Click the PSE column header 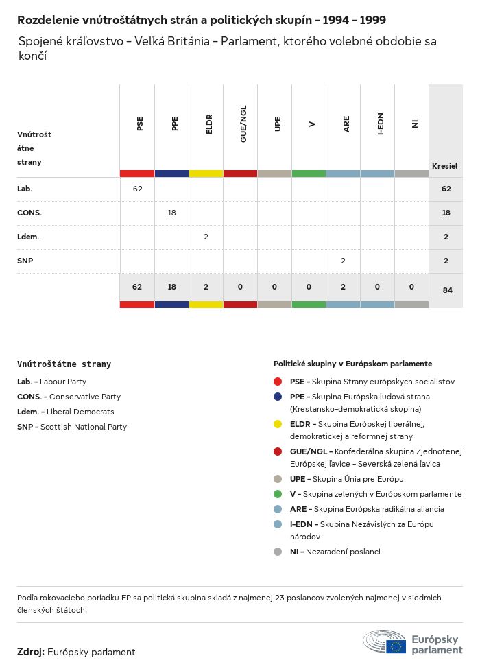(141, 124)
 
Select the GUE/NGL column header (243, 124)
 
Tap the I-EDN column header (381, 124)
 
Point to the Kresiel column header (444, 166)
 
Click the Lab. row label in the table (25, 189)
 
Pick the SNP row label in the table (25, 261)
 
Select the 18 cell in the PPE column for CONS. (171, 213)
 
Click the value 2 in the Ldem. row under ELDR (206, 237)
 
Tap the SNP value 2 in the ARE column (343, 261)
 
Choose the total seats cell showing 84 (447, 290)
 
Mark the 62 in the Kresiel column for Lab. (446, 189)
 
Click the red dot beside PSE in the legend (278, 382)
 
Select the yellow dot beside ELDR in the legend (278, 424)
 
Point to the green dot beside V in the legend (278, 494)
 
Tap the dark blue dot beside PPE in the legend (278, 397)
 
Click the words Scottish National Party (83, 427)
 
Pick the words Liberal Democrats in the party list (80, 412)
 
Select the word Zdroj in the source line (30, 652)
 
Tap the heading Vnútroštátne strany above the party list (64, 364)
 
